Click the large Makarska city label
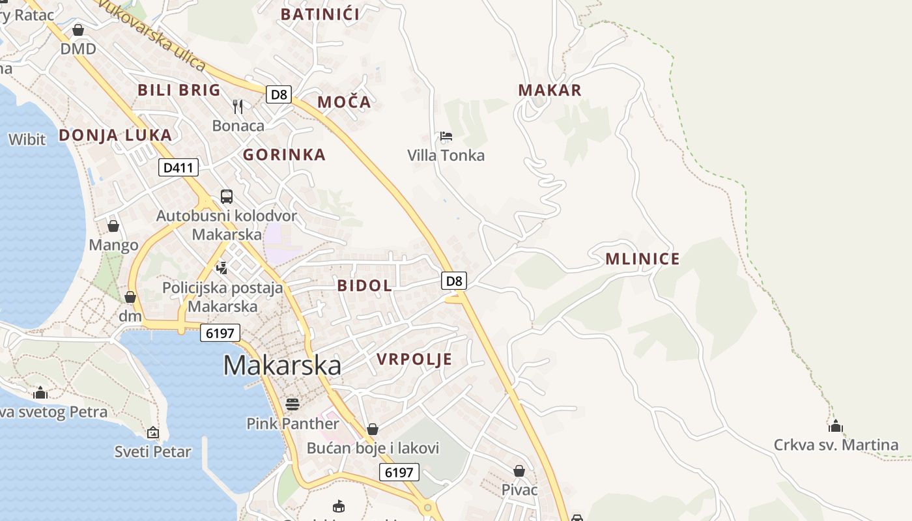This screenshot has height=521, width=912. pos(282,365)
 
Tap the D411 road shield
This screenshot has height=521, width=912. pos(178,167)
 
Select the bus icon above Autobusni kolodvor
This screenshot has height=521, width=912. pos(227,196)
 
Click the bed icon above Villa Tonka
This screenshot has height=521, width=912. pos(446,136)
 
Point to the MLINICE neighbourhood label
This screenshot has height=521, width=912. pos(642,259)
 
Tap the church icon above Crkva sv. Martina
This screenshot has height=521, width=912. pos(836,427)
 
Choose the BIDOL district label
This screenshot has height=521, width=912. pos(365,285)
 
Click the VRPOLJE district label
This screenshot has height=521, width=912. pos(414,359)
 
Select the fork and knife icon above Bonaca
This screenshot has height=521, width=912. pos(238,106)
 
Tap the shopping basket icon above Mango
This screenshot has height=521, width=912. pos(113,226)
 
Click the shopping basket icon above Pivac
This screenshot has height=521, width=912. pos(519,470)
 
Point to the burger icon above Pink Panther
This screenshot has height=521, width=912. pos(292,404)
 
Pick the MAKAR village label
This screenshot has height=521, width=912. pos(550,91)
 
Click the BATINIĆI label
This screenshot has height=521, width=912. pos(320,14)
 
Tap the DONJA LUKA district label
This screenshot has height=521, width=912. pos(115,135)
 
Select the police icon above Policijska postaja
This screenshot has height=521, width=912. pos(222,268)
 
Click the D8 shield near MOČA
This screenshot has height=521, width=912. pos(279,94)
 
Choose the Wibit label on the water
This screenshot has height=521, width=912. pos(27,139)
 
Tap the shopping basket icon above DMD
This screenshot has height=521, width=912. pos(78,30)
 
